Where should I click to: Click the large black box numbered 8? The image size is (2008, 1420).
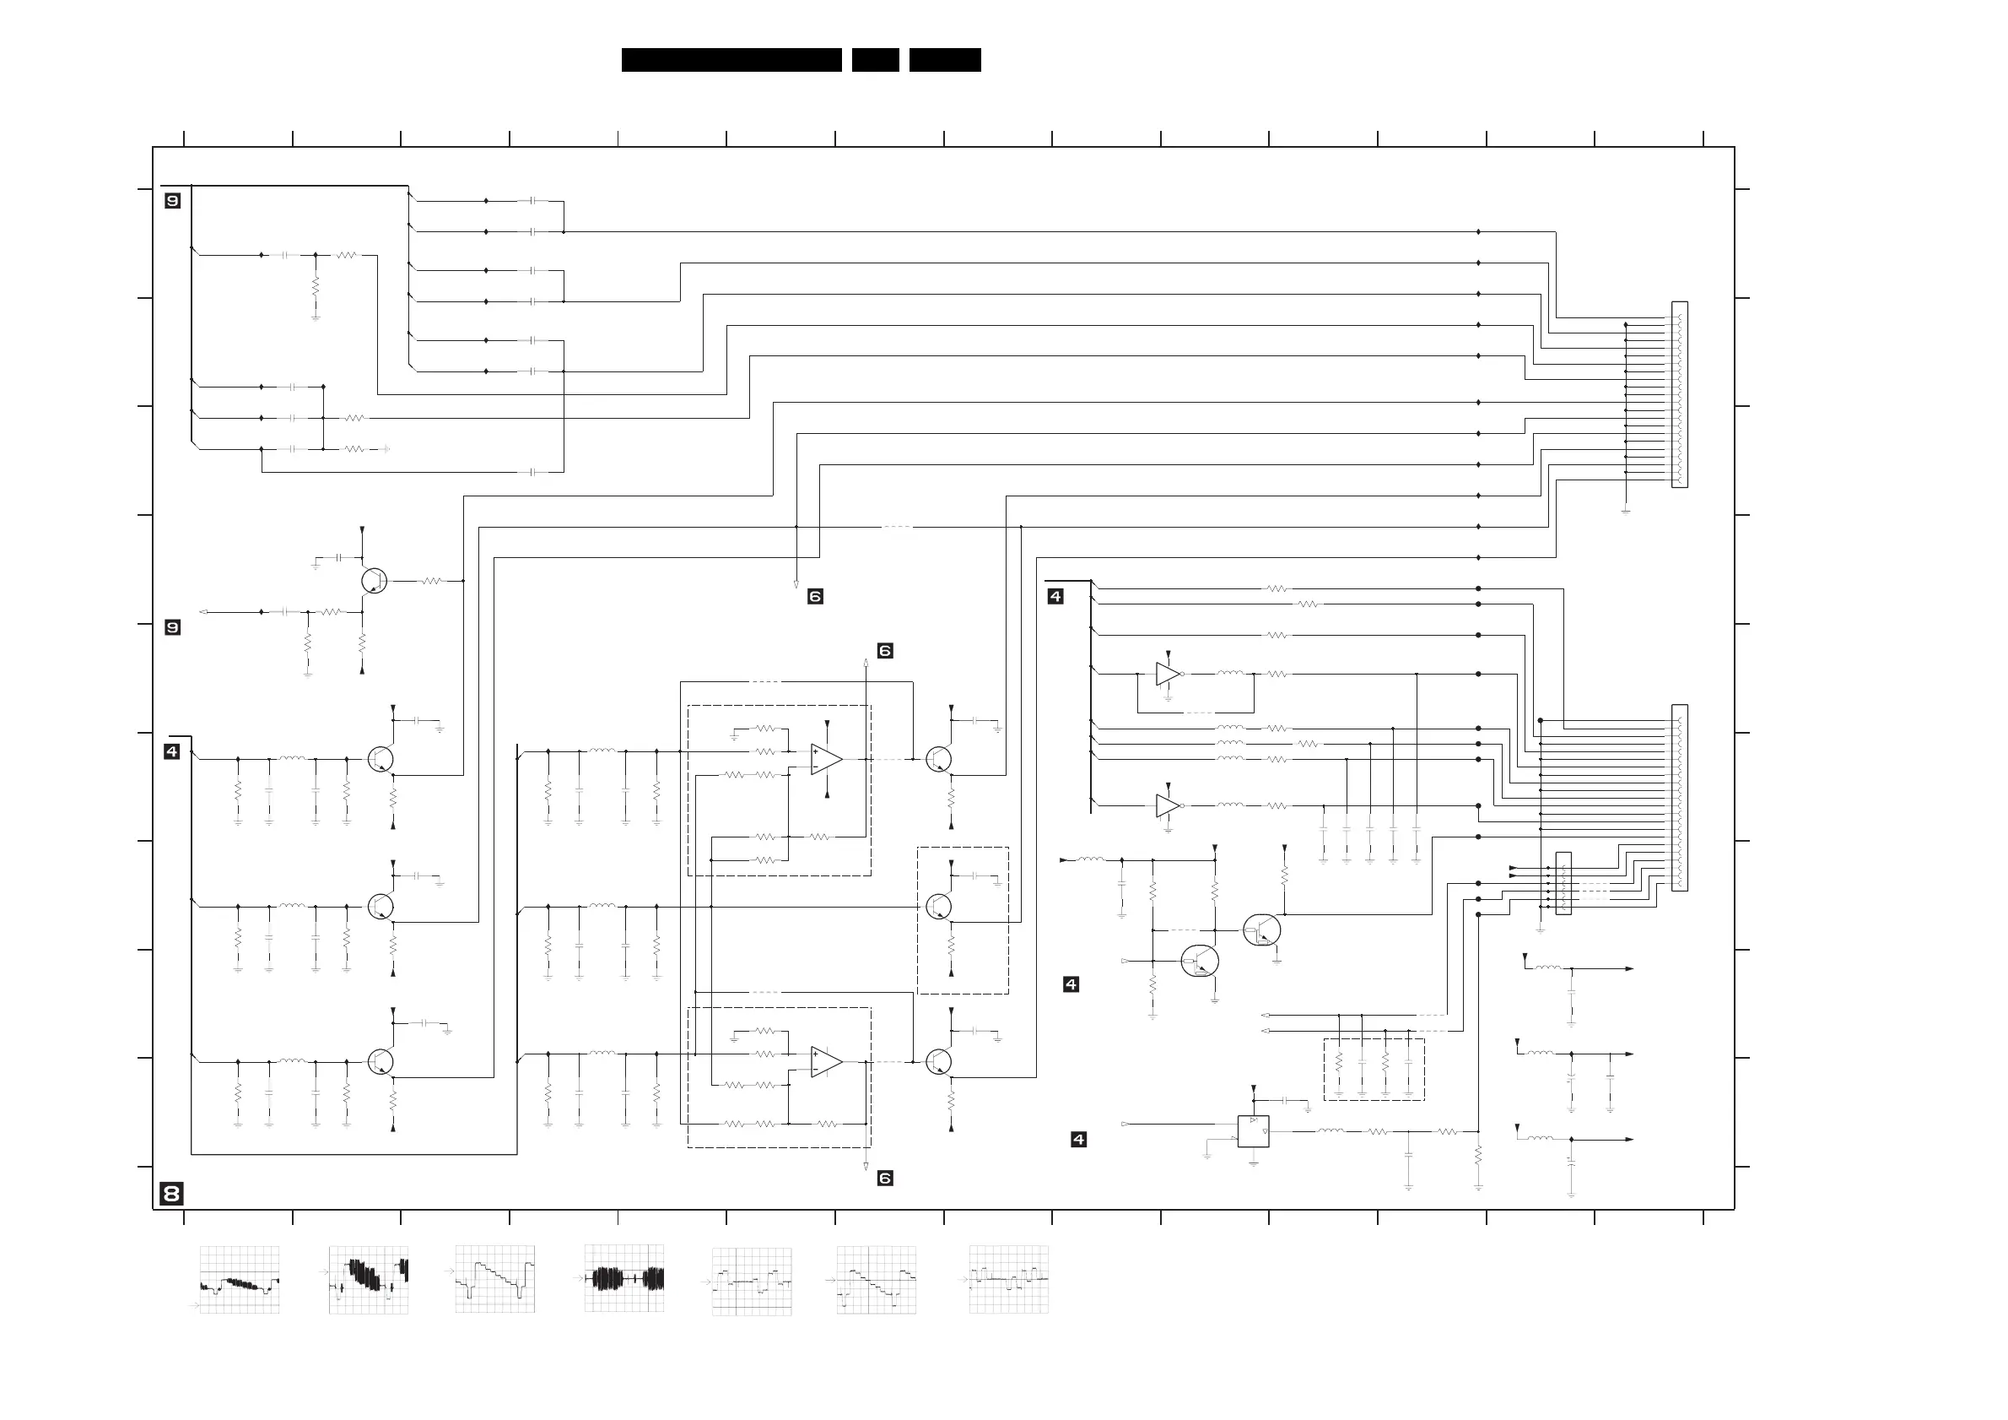click(x=171, y=1194)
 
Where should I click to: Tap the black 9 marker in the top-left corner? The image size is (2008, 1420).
click(x=172, y=201)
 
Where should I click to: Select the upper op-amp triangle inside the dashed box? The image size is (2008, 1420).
click(x=826, y=759)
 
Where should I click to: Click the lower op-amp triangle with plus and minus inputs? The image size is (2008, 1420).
click(x=826, y=1061)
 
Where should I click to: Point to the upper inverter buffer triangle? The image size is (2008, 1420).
click(x=1168, y=674)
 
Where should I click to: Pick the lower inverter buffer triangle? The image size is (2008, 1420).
click(x=1168, y=805)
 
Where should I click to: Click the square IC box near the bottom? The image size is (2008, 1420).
click(x=1252, y=1131)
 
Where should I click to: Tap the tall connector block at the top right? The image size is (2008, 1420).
click(x=1679, y=394)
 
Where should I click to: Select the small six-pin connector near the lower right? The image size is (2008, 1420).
click(x=1563, y=884)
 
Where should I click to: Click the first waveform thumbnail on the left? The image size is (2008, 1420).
click(x=240, y=1279)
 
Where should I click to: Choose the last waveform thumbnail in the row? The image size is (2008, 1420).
click(x=1008, y=1279)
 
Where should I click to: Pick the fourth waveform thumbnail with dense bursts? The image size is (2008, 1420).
click(x=623, y=1278)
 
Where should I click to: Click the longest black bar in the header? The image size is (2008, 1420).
click(x=731, y=59)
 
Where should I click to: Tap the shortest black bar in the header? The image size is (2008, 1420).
click(x=875, y=59)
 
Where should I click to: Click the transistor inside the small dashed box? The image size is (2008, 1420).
click(x=938, y=907)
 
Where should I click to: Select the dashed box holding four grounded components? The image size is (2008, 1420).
click(x=1373, y=1069)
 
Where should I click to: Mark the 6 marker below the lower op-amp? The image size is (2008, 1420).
click(x=885, y=1179)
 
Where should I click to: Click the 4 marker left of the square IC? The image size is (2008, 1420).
click(x=1078, y=1139)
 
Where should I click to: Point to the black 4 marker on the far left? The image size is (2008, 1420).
click(x=171, y=751)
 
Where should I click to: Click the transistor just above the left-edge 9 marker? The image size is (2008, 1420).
click(x=374, y=580)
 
